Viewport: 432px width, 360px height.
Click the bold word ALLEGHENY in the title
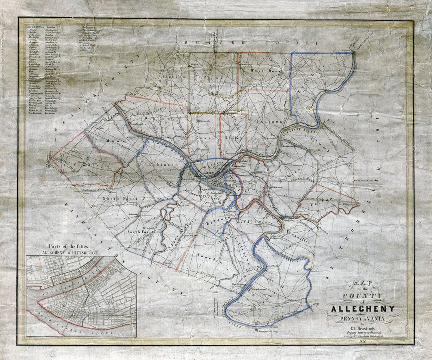click(363, 309)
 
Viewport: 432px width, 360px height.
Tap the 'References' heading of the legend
click(90, 28)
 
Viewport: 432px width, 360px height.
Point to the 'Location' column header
click(51, 28)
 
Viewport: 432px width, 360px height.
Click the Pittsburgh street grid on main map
click(218, 184)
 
